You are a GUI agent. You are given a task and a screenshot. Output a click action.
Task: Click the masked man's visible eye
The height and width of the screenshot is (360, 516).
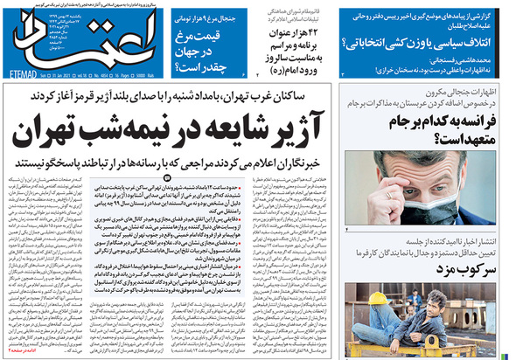click(x=400, y=176)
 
